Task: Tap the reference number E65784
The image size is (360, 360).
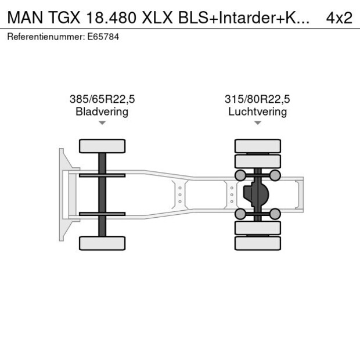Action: coord(104,37)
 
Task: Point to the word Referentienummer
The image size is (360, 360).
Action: coord(45,37)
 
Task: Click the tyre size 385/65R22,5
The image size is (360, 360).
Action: coord(102,99)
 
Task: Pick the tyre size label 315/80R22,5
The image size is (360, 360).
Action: coord(257,99)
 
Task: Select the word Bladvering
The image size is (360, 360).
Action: coord(102,111)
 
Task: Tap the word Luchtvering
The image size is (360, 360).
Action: coord(257,111)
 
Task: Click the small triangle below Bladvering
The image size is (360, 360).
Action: coord(102,123)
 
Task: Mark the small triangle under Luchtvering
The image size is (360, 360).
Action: coord(257,123)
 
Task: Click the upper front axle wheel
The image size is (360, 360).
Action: coord(102,146)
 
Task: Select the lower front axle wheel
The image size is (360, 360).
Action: coord(102,243)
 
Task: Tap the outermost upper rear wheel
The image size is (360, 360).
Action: coord(258,146)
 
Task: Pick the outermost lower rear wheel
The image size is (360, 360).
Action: coord(258,243)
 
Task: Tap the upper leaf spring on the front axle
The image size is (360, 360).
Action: coord(102,175)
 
